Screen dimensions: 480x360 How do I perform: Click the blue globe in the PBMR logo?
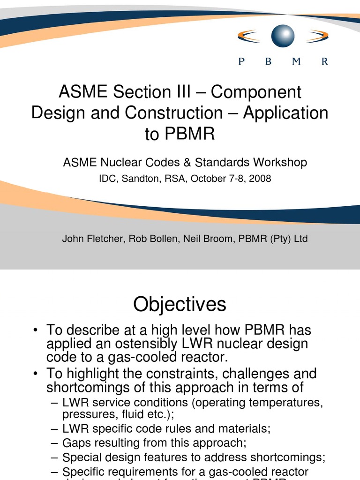283,36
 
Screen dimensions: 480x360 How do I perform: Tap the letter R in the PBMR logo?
324,62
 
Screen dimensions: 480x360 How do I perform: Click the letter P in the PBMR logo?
241,62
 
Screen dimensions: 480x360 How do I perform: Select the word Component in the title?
256,92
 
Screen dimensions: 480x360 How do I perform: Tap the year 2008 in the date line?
260,179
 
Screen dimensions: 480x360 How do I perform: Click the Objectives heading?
180,305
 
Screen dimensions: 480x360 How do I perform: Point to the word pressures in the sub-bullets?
84,415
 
